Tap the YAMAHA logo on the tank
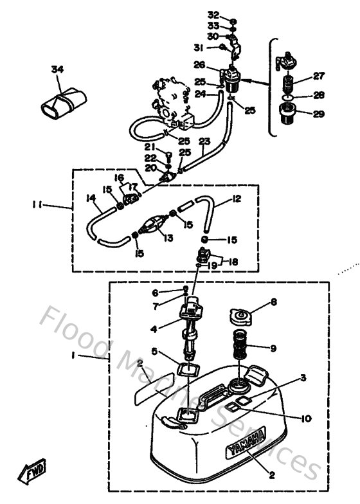click(246, 443)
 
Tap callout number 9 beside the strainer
click(273, 349)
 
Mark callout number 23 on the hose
click(204, 141)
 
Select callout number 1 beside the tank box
click(91, 355)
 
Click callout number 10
click(305, 419)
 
